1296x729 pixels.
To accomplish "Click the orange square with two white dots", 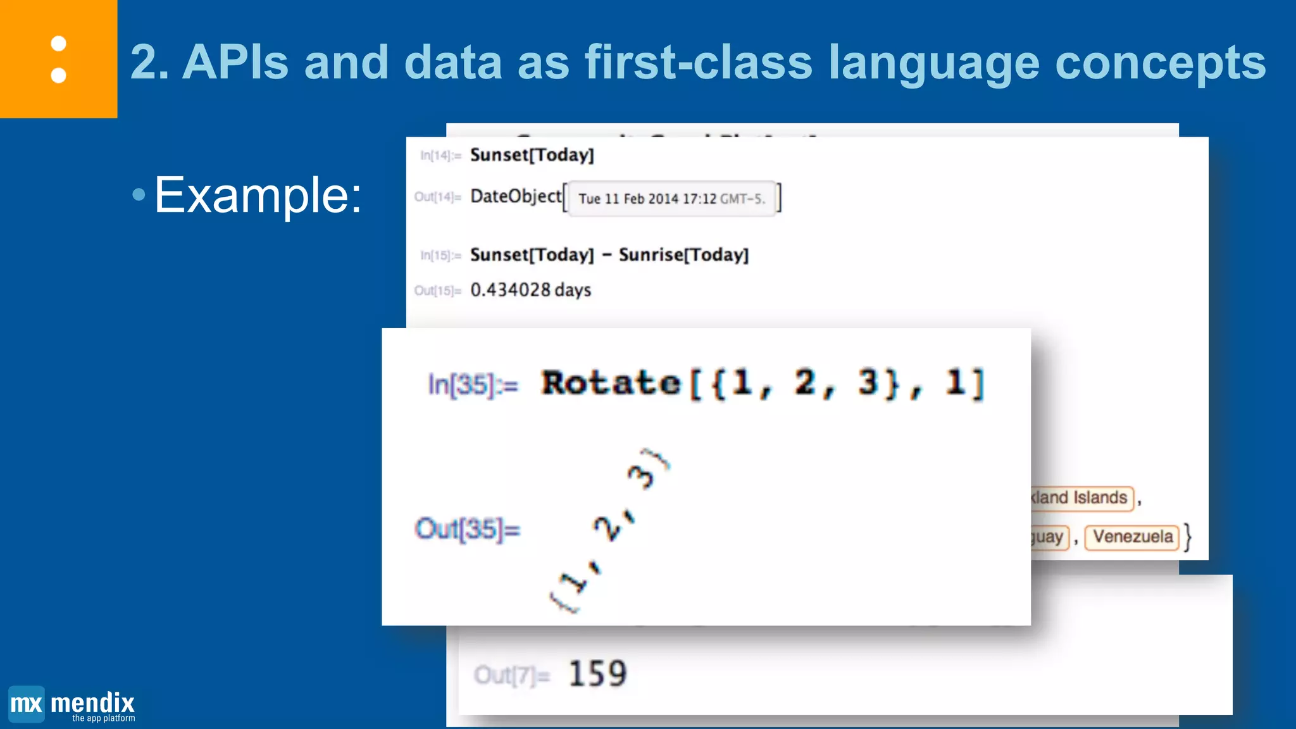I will (58, 59).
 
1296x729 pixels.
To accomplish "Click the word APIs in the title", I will (235, 63).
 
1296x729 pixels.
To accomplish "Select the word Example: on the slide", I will (258, 195).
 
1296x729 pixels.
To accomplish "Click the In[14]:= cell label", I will (440, 156).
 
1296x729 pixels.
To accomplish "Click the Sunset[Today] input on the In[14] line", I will (532, 155).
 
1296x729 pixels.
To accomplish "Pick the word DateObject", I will (516, 196).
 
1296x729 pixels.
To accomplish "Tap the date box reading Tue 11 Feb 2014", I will (671, 199).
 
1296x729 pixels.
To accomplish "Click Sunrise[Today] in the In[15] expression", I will (683, 254).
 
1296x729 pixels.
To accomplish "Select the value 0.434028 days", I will (530, 290).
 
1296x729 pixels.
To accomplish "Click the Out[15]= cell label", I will (437, 290).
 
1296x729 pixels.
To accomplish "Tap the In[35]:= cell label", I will (473, 384).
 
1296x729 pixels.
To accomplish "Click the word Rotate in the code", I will (611, 383).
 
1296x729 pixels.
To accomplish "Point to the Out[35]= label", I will (467, 529).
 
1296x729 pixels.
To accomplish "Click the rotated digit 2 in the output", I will (609, 528).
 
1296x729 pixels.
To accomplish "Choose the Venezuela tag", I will (1132, 537).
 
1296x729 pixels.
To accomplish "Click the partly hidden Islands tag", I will (1080, 498).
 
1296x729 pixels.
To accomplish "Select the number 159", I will (597, 673).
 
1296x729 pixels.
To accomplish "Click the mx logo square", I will (27, 704).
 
